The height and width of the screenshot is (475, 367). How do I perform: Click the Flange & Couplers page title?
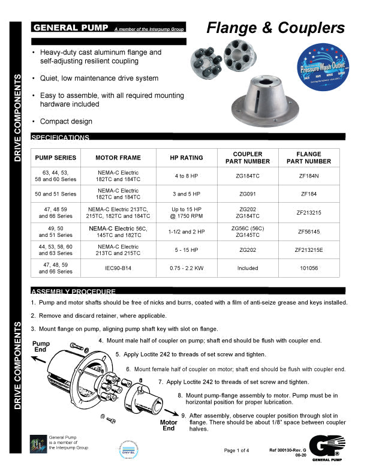point(275,28)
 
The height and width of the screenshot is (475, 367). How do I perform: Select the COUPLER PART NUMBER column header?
point(248,158)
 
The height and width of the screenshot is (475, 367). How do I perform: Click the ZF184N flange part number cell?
point(309,176)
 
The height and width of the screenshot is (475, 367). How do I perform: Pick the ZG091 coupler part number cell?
point(248,194)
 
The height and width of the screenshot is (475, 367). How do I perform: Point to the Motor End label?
point(169,425)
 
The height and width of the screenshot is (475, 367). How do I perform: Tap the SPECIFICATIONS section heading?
point(60,137)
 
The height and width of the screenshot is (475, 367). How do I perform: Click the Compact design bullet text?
point(66,121)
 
